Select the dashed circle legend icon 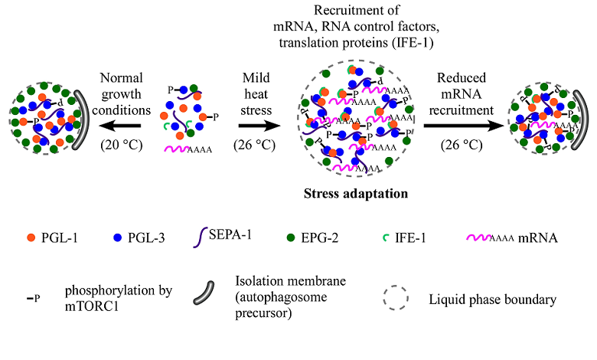point(393,294)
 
